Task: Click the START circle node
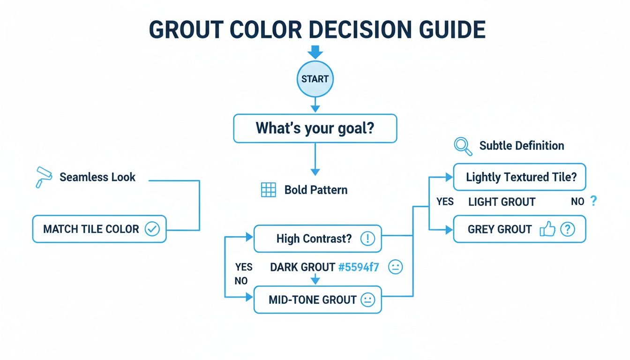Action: coord(315,79)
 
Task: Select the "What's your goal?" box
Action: coord(315,128)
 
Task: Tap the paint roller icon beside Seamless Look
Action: coord(44,177)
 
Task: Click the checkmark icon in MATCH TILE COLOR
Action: coord(152,229)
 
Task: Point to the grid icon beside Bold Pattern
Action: coord(268,190)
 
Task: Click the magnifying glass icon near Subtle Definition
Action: coord(463,146)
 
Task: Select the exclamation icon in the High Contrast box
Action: coord(367,239)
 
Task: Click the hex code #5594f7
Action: coord(358,268)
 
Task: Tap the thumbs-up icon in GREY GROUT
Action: coord(547,229)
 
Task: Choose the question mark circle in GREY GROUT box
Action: coord(568,229)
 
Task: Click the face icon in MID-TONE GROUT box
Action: coord(367,300)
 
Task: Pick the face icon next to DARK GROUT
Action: coord(396,268)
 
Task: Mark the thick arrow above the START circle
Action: coord(315,52)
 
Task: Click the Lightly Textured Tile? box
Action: coord(519,177)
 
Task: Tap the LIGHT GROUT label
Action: coord(502,202)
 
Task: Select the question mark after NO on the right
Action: coord(593,202)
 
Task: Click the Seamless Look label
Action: coord(97,177)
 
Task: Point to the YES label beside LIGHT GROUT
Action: coord(445,202)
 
